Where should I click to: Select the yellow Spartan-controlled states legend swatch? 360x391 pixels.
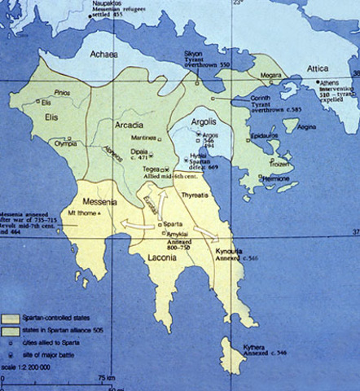14,315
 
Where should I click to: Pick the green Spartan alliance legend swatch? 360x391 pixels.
14,327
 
